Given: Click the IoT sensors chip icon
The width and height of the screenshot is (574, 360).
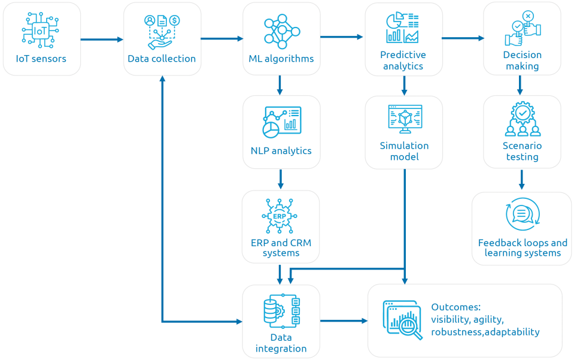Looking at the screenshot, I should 41,28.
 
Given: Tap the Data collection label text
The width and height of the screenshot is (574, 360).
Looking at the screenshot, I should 162,59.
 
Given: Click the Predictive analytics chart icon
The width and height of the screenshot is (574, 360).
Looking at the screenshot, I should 403,28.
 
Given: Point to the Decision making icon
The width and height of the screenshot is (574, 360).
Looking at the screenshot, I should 522,28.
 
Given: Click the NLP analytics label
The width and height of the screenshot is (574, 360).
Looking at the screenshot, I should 281,150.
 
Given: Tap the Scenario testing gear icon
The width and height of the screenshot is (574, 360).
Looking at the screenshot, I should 522,119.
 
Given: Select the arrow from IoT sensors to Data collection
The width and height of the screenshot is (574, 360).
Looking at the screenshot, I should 101,40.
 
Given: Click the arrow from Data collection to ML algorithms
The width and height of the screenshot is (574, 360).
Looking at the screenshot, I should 221,39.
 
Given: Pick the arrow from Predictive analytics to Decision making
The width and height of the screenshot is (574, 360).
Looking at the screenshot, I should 462,38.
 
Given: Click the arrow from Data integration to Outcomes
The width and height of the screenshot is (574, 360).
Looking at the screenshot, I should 344,321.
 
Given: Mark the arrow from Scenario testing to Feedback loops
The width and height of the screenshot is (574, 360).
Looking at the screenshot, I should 521,179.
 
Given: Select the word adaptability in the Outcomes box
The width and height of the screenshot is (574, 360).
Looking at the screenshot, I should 512,332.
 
